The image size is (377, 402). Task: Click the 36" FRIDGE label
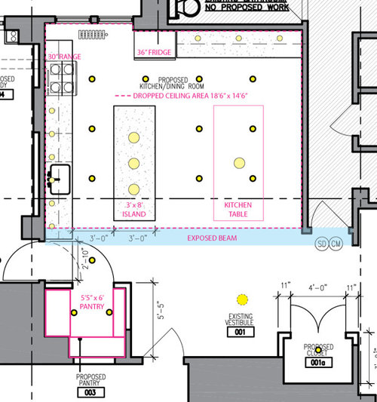(153, 52)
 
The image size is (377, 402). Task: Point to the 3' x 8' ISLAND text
(134, 209)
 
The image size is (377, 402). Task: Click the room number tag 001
(240, 331)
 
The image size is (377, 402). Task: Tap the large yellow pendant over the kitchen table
(238, 162)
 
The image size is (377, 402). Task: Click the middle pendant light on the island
(133, 162)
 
